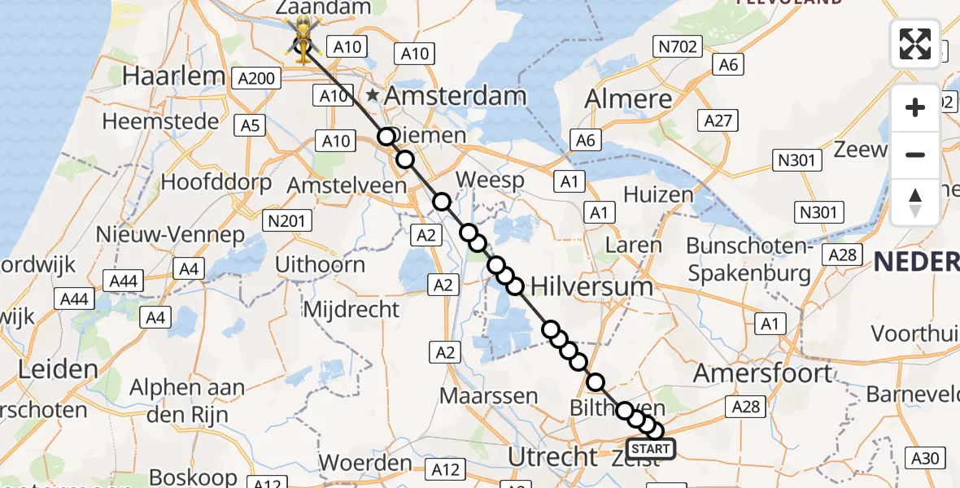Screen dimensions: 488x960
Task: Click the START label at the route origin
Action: tap(651, 449)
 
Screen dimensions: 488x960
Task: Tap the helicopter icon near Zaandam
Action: tap(303, 37)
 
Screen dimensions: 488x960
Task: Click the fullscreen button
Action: tap(915, 44)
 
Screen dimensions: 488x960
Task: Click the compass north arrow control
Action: tap(915, 202)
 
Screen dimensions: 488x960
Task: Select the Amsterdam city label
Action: tap(455, 96)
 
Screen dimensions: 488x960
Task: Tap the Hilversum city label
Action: tap(591, 286)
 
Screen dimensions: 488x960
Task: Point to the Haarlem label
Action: tap(173, 76)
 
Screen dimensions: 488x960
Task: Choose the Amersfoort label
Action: tap(763, 373)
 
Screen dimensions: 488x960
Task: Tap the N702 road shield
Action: tap(677, 47)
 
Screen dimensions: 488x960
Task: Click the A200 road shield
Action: tap(256, 78)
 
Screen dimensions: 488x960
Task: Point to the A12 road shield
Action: tap(445, 469)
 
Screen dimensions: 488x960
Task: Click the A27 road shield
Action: tap(718, 121)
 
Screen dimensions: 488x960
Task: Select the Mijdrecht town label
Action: tap(351, 309)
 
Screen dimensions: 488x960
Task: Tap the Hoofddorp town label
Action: tap(216, 181)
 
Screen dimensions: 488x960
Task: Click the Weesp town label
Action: tap(490, 180)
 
